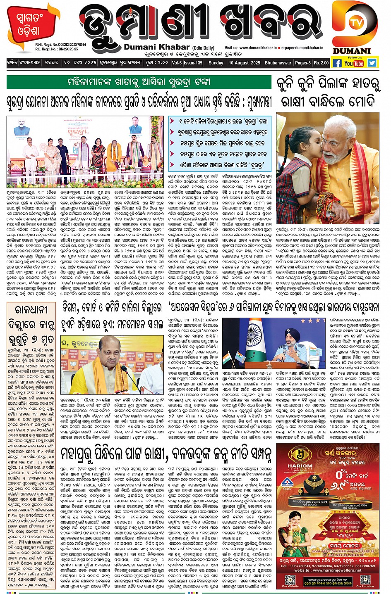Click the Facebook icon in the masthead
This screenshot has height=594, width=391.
point(337,63)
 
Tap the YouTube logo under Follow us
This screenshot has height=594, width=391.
point(354,63)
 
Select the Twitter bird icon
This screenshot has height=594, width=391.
point(372,63)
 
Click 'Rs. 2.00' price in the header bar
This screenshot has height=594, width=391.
point(321,63)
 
